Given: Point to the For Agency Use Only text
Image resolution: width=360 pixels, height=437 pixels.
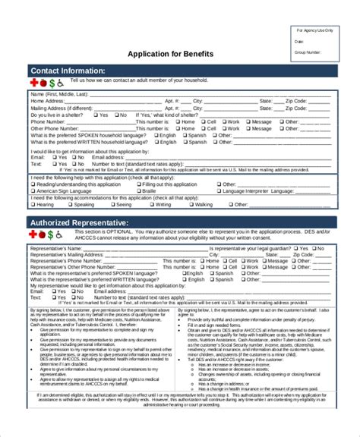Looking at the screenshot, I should point(314,29).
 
